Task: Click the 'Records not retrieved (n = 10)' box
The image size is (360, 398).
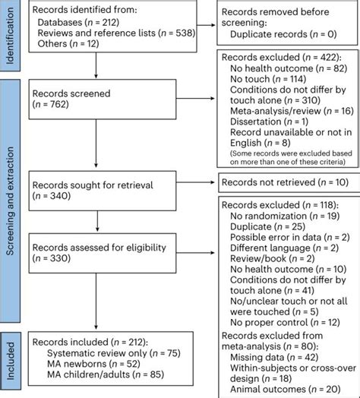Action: pyautogui.click(x=286, y=182)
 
